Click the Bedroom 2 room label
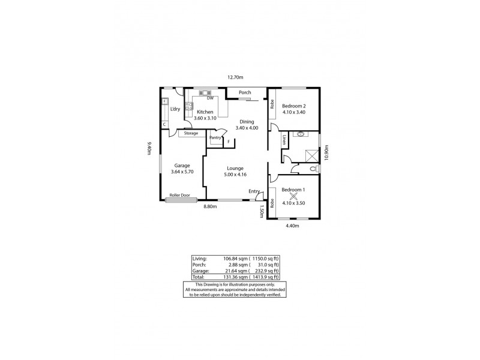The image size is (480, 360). tap(294, 106)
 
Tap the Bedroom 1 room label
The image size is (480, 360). tap(293, 190)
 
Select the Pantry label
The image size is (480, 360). tap(215, 137)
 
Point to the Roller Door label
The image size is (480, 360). tap(179, 195)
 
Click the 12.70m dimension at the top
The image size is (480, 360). tap(235, 77)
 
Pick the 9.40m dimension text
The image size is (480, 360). tap(148, 148)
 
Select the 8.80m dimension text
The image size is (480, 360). tap(209, 206)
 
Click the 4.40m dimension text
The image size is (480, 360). tap(293, 226)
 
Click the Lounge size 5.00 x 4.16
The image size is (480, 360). tap(235, 175)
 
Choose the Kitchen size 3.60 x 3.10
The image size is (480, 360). tap(205, 118)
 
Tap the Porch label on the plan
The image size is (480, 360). tap(245, 92)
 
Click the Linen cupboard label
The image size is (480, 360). tap(284, 142)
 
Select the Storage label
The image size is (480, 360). tap(191, 133)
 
